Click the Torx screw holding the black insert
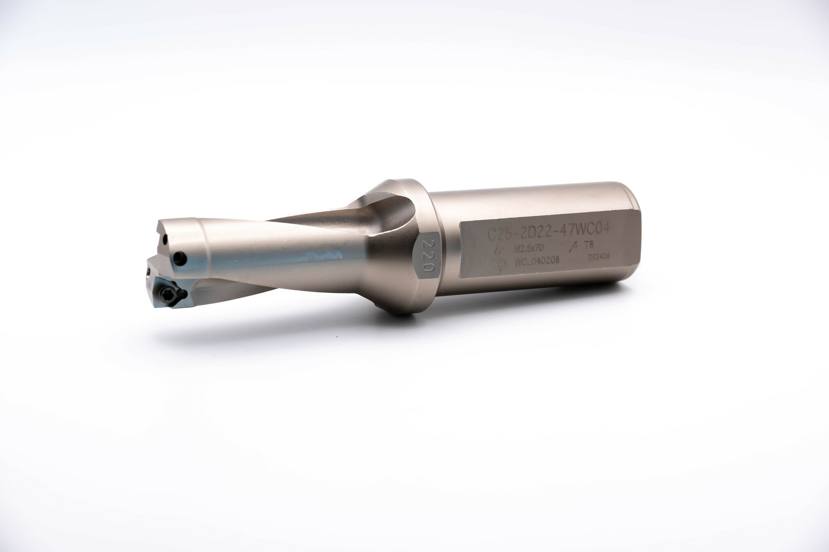tap(164, 296)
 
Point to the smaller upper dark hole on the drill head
tap(165, 239)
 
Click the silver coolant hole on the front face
tap(148, 273)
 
